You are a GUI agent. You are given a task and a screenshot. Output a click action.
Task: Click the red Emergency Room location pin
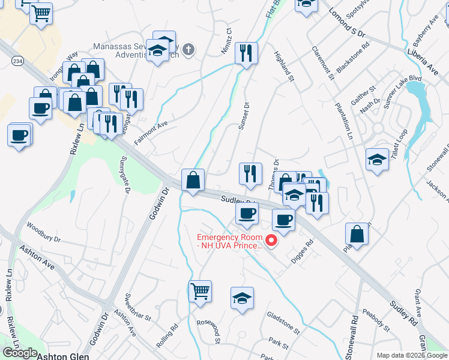tap(271, 241)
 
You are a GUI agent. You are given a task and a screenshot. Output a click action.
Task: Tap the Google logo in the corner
tap(19, 353)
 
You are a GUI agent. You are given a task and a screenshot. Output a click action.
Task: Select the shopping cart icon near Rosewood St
tap(200, 291)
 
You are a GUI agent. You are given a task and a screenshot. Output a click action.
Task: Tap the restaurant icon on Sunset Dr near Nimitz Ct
tap(246, 53)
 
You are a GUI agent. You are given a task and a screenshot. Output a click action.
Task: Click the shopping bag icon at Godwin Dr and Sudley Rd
tap(193, 179)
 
